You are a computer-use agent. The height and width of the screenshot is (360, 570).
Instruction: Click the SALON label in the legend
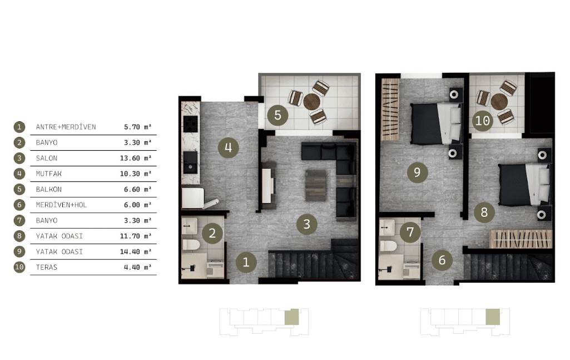pyautogui.click(x=47, y=158)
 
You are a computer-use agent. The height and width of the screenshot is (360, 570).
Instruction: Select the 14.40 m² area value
pyautogui.click(x=136, y=251)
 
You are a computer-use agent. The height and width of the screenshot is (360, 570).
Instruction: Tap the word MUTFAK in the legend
pyautogui.click(x=49, y=174)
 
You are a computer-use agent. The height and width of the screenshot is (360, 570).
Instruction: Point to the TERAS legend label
pyautogui.click(x=47, y=267)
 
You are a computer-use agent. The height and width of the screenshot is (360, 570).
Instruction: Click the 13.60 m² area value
pyautogui.click(x=136, y=158)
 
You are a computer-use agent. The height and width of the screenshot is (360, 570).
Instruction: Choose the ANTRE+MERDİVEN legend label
pyautogui.click(x=66, y=127)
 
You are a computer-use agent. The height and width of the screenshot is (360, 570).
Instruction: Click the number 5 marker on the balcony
pyautogui.click(x=277, y=115)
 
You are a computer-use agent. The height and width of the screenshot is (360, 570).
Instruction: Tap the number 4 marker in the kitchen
pyautogui.click(x=229, y=147)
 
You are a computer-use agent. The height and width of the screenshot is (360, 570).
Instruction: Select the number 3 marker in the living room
pyautogui.click(x=307, y=224)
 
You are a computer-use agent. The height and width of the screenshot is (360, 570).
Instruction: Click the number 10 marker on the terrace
pyautogui.click(x=483, y=120)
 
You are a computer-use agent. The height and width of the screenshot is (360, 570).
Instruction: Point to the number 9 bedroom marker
pyautogui.click(x=417, y=172)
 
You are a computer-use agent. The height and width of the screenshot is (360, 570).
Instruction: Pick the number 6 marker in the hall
pyautogui.click(x=442, y=260)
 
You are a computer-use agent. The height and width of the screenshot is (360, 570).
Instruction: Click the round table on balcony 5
pyautogui.click(x=311, y=101)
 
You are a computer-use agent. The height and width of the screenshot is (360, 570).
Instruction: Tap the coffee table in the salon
pyautogui.click(x=315, y=185)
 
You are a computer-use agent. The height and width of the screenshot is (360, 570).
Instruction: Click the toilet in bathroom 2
pyautogui.click(x=191, y=244)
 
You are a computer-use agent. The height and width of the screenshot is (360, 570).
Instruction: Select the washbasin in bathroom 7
pyautogui.click(x=387, y=227)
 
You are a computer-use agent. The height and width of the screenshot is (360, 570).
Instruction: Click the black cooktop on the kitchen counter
pyautogui.click(x=191, y=124)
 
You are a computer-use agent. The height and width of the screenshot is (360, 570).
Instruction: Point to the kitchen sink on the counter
pyautogui.click(x=190, y=162)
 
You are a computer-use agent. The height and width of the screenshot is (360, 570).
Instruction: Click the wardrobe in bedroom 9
pyautogui.click(x=390, y=110)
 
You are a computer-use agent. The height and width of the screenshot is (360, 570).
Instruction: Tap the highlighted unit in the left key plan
pyautogui.click(x=291, y=317)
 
